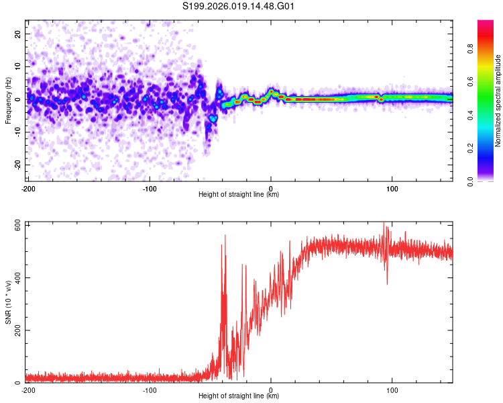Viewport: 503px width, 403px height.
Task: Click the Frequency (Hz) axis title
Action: coord(8,101)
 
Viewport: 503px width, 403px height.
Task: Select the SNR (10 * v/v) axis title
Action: coord(8,302)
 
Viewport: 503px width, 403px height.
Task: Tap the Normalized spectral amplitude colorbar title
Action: coord(498,101)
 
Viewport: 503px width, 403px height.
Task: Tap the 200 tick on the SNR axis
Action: coord(16,330)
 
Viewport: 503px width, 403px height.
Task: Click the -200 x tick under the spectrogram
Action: coord(27,189)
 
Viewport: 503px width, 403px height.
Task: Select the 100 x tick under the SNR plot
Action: coord(392,390)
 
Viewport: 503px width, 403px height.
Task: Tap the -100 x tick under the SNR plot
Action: coord(150,390)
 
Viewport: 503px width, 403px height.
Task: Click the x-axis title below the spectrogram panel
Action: coord(239,195)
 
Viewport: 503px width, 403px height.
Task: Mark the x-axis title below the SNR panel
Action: coord(239,396)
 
